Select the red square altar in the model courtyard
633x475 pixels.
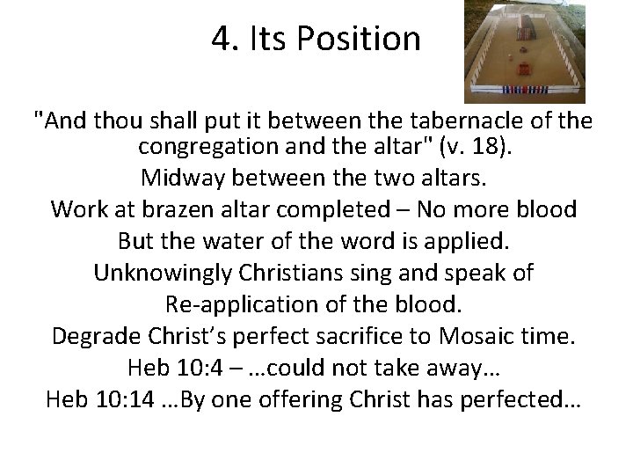pos(526,68)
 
